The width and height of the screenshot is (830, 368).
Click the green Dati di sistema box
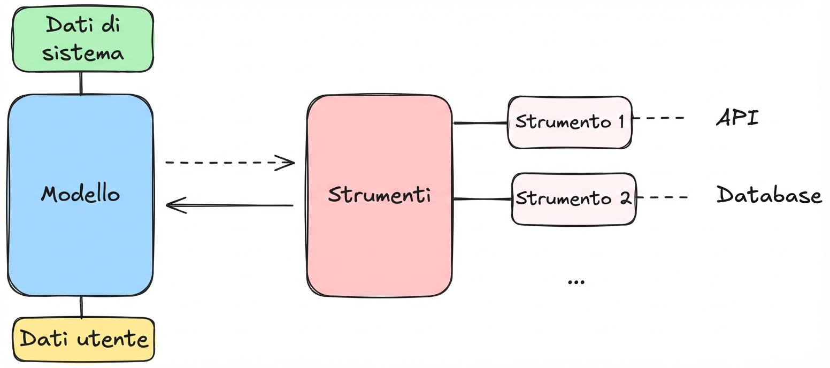click(x=83, y=39)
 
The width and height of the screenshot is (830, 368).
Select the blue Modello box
click(x=80, y=195)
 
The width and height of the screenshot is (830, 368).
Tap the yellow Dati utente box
click(x=83, y=340)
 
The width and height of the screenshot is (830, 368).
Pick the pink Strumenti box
click(x=379, y=196)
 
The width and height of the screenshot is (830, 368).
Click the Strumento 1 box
click(x=570, y=122)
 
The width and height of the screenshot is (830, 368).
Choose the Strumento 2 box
click(x=574, y=198)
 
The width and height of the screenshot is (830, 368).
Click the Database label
click(x=768, y=196)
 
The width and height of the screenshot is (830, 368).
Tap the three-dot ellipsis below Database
click(x=576, y=281)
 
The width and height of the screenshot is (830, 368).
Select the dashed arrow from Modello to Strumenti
click(x=230, y=162)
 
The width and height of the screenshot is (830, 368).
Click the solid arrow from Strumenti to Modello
click(x=230, y=205)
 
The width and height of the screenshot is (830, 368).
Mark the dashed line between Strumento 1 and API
click(x=658, y=118)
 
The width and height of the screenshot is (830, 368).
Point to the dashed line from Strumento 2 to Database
click(x=662, y=197)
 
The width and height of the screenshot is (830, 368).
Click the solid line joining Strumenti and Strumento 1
click(x=480, y=123)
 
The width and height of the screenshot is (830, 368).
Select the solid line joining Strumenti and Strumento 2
click(x=482, y=200)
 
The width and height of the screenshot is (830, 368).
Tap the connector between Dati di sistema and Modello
click(x=81, y=83)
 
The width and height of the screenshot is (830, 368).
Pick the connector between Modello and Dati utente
click(x=81, y=307)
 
